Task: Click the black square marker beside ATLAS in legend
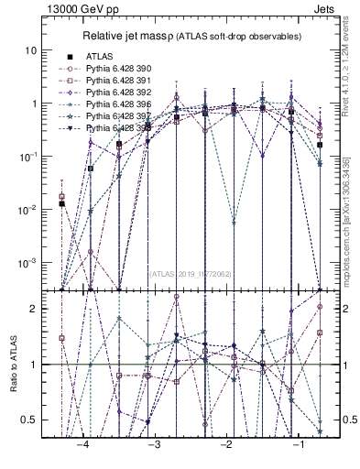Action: (63, 57)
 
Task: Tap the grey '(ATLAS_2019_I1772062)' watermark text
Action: (191, 272)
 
